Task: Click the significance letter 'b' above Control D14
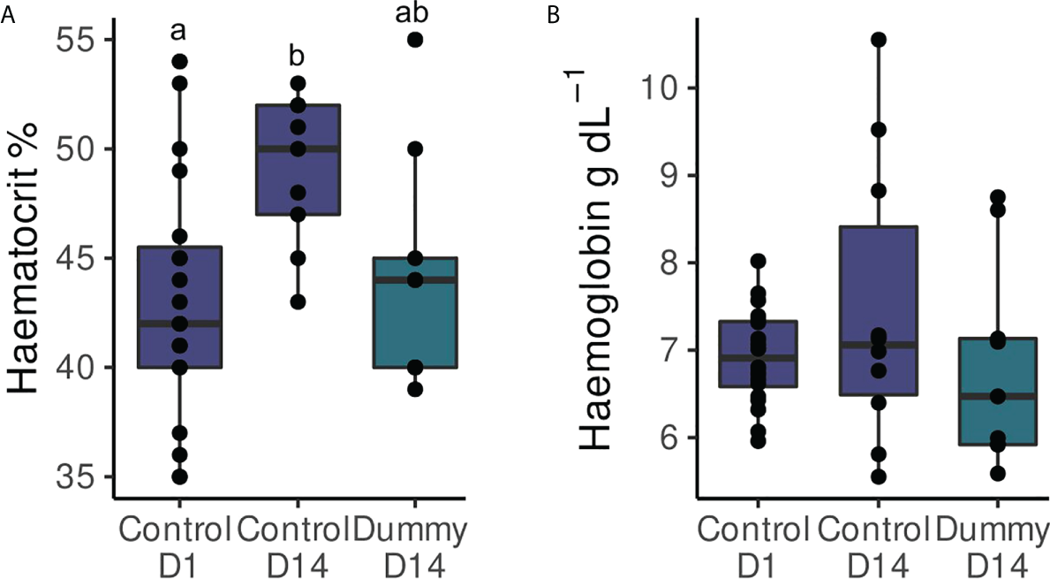pyautogui.click(x=298, y=57)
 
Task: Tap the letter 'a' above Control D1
pyautogui.click(x=179, y=33)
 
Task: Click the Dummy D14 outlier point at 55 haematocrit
pyautogui.click(x=415, y=40)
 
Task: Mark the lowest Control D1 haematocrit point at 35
pyautogui.click(x=179, y=476)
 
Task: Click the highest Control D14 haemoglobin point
pyautogui.click(x=879, y=39)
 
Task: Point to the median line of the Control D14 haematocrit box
pyautogui.click(x=298, y=149)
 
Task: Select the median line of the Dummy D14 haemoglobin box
pyautogui.click(x=997, y=396)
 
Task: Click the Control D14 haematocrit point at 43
pyautogui.click(x=298, y=301)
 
